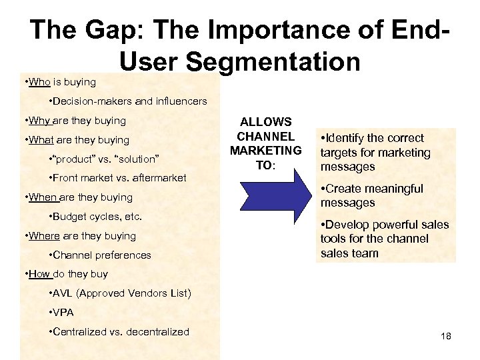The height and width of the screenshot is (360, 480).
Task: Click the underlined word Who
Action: click(x=39, y=82)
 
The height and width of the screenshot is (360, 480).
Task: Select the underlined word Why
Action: click(x=39, y=121)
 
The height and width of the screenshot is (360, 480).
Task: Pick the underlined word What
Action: click(x=41, y=140)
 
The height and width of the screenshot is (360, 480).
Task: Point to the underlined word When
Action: click(x=42, y=197)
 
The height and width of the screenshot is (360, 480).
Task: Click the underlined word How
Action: click(x=39, y=274)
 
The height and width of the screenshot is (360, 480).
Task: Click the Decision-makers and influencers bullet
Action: click(x=127, y=101)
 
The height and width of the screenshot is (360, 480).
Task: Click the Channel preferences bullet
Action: click(x=100, y=255)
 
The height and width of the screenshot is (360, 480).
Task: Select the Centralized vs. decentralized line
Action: click(x=119, y=332)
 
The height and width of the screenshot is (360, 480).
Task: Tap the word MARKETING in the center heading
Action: click(x=265, y=151)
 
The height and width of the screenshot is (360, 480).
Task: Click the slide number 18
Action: click(x=446, y=336)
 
